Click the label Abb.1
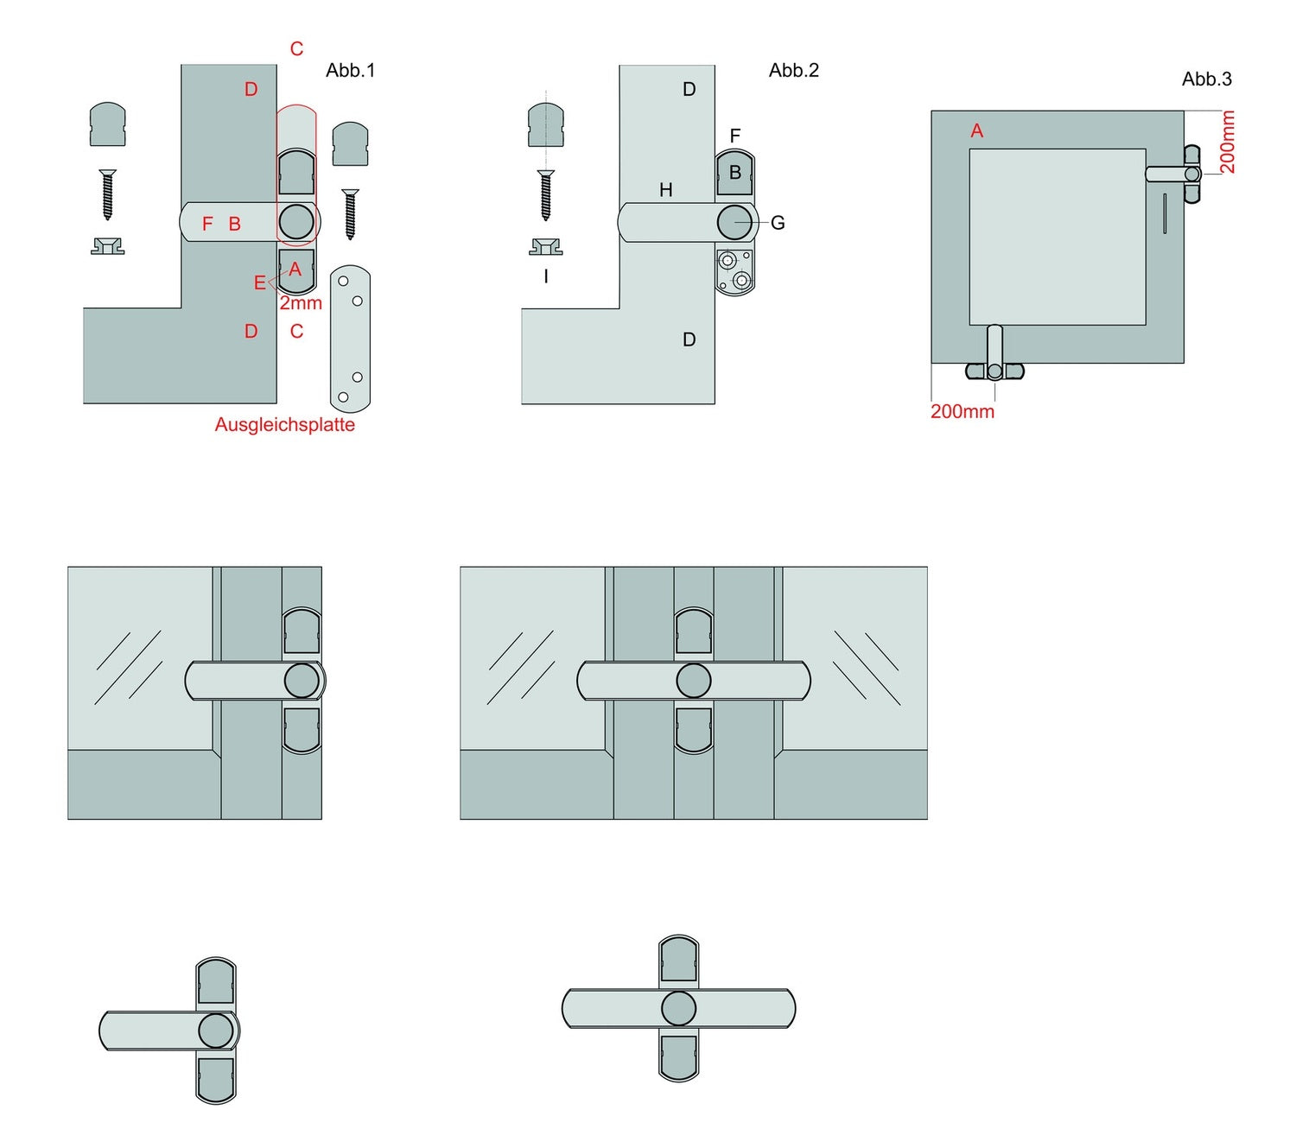(x=350, y=71)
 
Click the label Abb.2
(x=793, y=71)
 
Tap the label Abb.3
(x=1206, y=79)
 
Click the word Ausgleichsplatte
(x=284, y=425)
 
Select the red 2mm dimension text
(x=300, y=304)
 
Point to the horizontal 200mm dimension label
(x=962, y=412)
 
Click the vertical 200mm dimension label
(x=1227, y=143)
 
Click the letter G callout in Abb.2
(x=778, y=224)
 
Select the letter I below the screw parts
(x=545, y=277)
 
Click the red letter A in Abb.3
(x=977, y=131)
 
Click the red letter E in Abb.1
(x=259, y=283)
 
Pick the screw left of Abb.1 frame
(x=107, y=194)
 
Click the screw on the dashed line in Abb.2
(x=545, y=195)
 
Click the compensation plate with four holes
(x=350, y=339)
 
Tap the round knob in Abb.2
(x=734, y=222)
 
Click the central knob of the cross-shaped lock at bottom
(x=678, y=1008)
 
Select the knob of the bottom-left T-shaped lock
(x=216, y=1030)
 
